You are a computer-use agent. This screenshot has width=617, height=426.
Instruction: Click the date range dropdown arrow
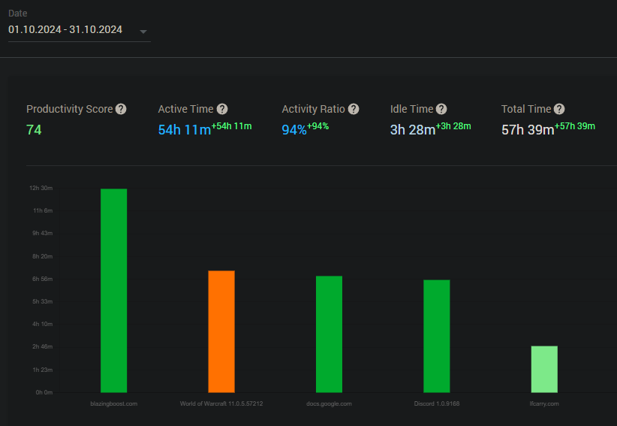tap(143, 32)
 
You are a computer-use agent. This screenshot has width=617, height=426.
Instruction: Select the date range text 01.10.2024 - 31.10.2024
tap(65, 29)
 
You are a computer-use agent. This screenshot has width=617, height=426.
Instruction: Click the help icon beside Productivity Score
tap(121, 109)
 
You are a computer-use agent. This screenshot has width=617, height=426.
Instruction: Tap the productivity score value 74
tap(34, 130)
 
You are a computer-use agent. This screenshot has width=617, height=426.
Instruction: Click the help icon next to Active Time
tap(222, 109)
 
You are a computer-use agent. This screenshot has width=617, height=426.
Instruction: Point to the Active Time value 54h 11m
tap(185, 130)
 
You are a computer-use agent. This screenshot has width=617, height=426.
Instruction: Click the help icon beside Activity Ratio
tap(354, 109)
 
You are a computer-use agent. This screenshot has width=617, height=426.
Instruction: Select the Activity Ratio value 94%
tap(294, 130)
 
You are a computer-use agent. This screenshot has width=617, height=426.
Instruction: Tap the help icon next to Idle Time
tap(441, 109)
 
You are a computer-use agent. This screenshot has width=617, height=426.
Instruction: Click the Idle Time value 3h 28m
tap(413, 130)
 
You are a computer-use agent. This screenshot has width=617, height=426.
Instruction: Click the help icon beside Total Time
tap(559, 109)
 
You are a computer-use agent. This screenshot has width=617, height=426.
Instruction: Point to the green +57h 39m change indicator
tap(575, 126)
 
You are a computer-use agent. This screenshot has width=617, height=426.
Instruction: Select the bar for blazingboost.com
tap(114, 291)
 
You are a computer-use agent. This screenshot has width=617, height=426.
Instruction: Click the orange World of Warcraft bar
tap(221, 331)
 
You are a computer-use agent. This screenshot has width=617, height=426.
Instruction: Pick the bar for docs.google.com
tap(329, 334)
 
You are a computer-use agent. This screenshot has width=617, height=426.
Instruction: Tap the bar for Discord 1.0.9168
tap(437, 337)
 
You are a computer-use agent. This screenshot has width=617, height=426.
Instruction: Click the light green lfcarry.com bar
tap(544, 370)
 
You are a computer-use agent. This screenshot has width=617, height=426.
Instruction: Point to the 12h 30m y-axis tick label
tap(41, 188)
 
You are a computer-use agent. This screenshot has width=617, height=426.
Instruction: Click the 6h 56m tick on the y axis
tap(43, 279)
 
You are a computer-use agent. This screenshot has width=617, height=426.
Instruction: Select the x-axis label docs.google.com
tap(329, 403)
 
